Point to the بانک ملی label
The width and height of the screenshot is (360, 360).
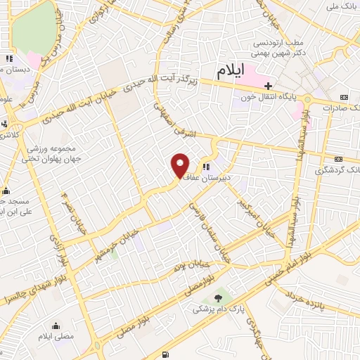tap(342, 6)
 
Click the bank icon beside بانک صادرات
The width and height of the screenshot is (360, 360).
tap(343, 96)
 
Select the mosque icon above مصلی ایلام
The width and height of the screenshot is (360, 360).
tap(56, 326)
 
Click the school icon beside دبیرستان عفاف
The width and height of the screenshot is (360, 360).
tap(206, 167)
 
